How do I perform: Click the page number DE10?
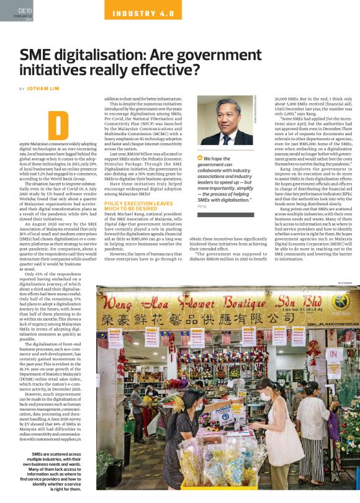click(x=25, y=11)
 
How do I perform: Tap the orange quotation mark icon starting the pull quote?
click(x=200, y=158)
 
